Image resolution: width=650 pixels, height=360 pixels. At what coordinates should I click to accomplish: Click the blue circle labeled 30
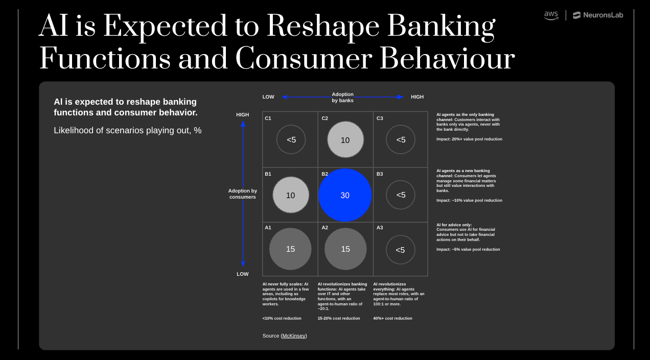point(345,195)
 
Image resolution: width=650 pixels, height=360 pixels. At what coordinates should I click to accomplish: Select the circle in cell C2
point(345,139)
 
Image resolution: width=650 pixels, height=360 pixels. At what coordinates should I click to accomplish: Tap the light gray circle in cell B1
point(291,195)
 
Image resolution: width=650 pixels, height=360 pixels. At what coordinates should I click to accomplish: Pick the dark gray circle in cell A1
point(290,249)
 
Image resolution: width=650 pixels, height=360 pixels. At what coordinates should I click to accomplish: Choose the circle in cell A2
point(345,249)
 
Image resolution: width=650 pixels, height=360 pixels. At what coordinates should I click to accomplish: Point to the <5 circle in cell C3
point(401,139)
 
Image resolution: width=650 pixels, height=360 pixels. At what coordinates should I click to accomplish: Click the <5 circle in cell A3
point(401,250)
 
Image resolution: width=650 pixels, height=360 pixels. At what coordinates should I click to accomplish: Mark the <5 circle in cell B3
point(401,195)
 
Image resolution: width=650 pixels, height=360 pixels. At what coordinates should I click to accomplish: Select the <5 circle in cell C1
point(291,139)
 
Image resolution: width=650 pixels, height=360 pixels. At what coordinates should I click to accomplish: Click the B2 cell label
point(325,174)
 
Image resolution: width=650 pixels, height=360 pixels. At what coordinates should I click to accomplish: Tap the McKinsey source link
point(294,335)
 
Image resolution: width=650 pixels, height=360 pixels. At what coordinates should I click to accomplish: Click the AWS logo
point(551,15)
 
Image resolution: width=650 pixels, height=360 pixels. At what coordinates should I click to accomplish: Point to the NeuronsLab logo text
point(598,15)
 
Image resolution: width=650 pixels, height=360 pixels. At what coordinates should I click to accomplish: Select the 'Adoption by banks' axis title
point(342,97)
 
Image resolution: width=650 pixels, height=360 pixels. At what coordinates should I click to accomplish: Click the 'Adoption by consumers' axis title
point(243,194)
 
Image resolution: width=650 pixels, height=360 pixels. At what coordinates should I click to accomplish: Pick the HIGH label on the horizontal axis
point(417,97)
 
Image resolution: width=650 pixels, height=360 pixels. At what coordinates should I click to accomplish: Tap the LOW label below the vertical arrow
point(243,274)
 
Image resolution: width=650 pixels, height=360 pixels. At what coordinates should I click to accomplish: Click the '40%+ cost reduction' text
point(392,318)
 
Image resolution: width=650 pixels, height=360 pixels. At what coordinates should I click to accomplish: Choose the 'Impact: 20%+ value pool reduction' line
point(469,139)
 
